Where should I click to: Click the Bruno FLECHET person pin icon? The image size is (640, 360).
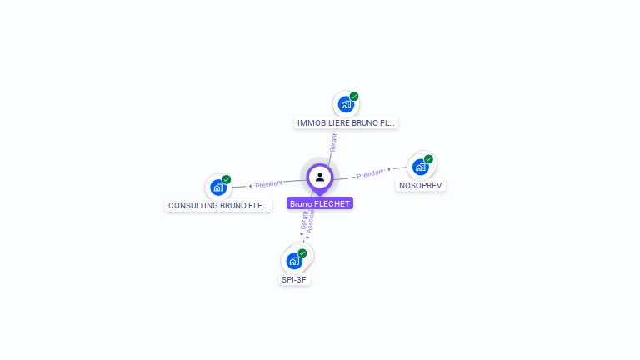coord(320,177)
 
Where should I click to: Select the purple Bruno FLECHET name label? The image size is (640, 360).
coord(320,203)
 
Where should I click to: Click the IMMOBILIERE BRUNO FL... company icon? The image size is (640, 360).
coord(345,105)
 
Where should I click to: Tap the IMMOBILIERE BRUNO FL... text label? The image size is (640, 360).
coord(347,123)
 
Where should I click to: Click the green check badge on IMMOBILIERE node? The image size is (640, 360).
coord(354,97)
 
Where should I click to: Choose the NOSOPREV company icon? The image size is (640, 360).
coord(420,167)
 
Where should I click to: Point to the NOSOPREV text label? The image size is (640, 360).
coord(420,185)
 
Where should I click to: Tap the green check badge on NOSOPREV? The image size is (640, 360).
coord(428,159)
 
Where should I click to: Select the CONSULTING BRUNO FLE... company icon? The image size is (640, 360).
coord(217,187)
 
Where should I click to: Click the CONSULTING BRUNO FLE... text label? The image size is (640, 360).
coord(218,205)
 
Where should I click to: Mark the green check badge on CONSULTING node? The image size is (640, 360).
coord(227,179)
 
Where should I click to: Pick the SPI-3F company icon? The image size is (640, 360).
coord(293,261)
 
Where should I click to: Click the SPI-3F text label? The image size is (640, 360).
coord(295,279)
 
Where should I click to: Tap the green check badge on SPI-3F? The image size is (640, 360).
coord(302,252)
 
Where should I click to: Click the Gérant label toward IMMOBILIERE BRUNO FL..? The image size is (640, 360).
coord(333,141)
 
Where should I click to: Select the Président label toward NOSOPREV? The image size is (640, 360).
coord(370,173)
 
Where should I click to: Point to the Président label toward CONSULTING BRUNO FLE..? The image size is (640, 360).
coord(269,183)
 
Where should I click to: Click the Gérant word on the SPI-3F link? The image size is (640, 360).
coord(304,220)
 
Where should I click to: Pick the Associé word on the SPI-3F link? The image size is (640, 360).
coord(311,221)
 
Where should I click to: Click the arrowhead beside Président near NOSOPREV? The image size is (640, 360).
coord(389,169)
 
